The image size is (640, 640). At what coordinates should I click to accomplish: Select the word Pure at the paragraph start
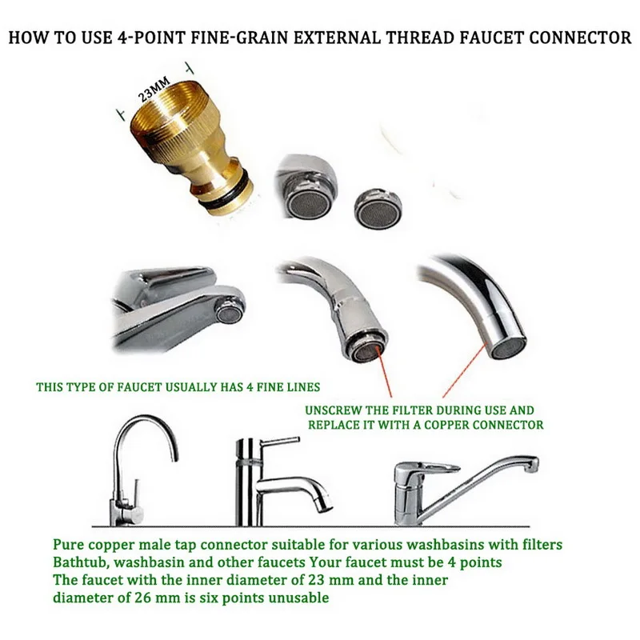pos(70,545)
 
